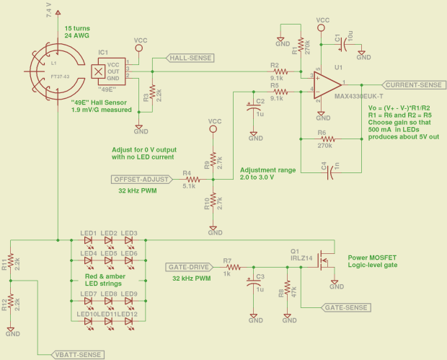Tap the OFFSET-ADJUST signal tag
pos(141,179)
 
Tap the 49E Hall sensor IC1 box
pos(98,71)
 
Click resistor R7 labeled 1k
pos(226,265)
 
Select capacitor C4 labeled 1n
pos(329,172)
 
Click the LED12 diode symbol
pos(129,320)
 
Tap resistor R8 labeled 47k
pos(288,288)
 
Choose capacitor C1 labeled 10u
pos(345,43)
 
